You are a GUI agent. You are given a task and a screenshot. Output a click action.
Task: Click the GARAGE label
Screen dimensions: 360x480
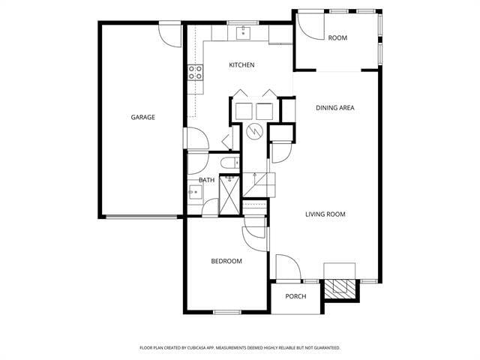(142, 117)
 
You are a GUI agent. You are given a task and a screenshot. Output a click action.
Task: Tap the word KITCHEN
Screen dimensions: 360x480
(241, 65)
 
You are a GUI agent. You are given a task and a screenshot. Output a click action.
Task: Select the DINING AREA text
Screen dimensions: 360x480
(334, 108)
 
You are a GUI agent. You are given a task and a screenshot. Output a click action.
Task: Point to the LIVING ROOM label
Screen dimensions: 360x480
(325, 214)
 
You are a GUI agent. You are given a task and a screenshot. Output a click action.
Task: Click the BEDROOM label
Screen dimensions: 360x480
(226, 261)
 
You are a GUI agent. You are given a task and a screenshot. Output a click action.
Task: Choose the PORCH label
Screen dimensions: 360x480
(295, 296)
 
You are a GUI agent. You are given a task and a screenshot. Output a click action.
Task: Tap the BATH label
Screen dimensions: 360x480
(206, 180)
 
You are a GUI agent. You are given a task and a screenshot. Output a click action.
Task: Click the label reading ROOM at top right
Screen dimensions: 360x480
(337, 37)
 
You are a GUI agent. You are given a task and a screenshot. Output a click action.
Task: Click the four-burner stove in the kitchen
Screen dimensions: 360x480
(195, 73)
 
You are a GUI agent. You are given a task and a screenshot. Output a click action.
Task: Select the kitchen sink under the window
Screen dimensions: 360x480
(243, 33)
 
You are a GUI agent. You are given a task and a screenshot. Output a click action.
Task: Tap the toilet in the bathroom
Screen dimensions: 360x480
(229, 162)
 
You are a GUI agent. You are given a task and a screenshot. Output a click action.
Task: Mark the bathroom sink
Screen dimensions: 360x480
(194, 193)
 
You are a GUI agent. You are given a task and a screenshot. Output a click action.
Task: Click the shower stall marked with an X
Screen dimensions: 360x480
(229, 196)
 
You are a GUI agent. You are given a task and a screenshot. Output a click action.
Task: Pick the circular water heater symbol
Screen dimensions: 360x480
(255, 133)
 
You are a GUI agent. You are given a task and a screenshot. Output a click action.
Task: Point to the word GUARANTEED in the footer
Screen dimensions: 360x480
(324, 348)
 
